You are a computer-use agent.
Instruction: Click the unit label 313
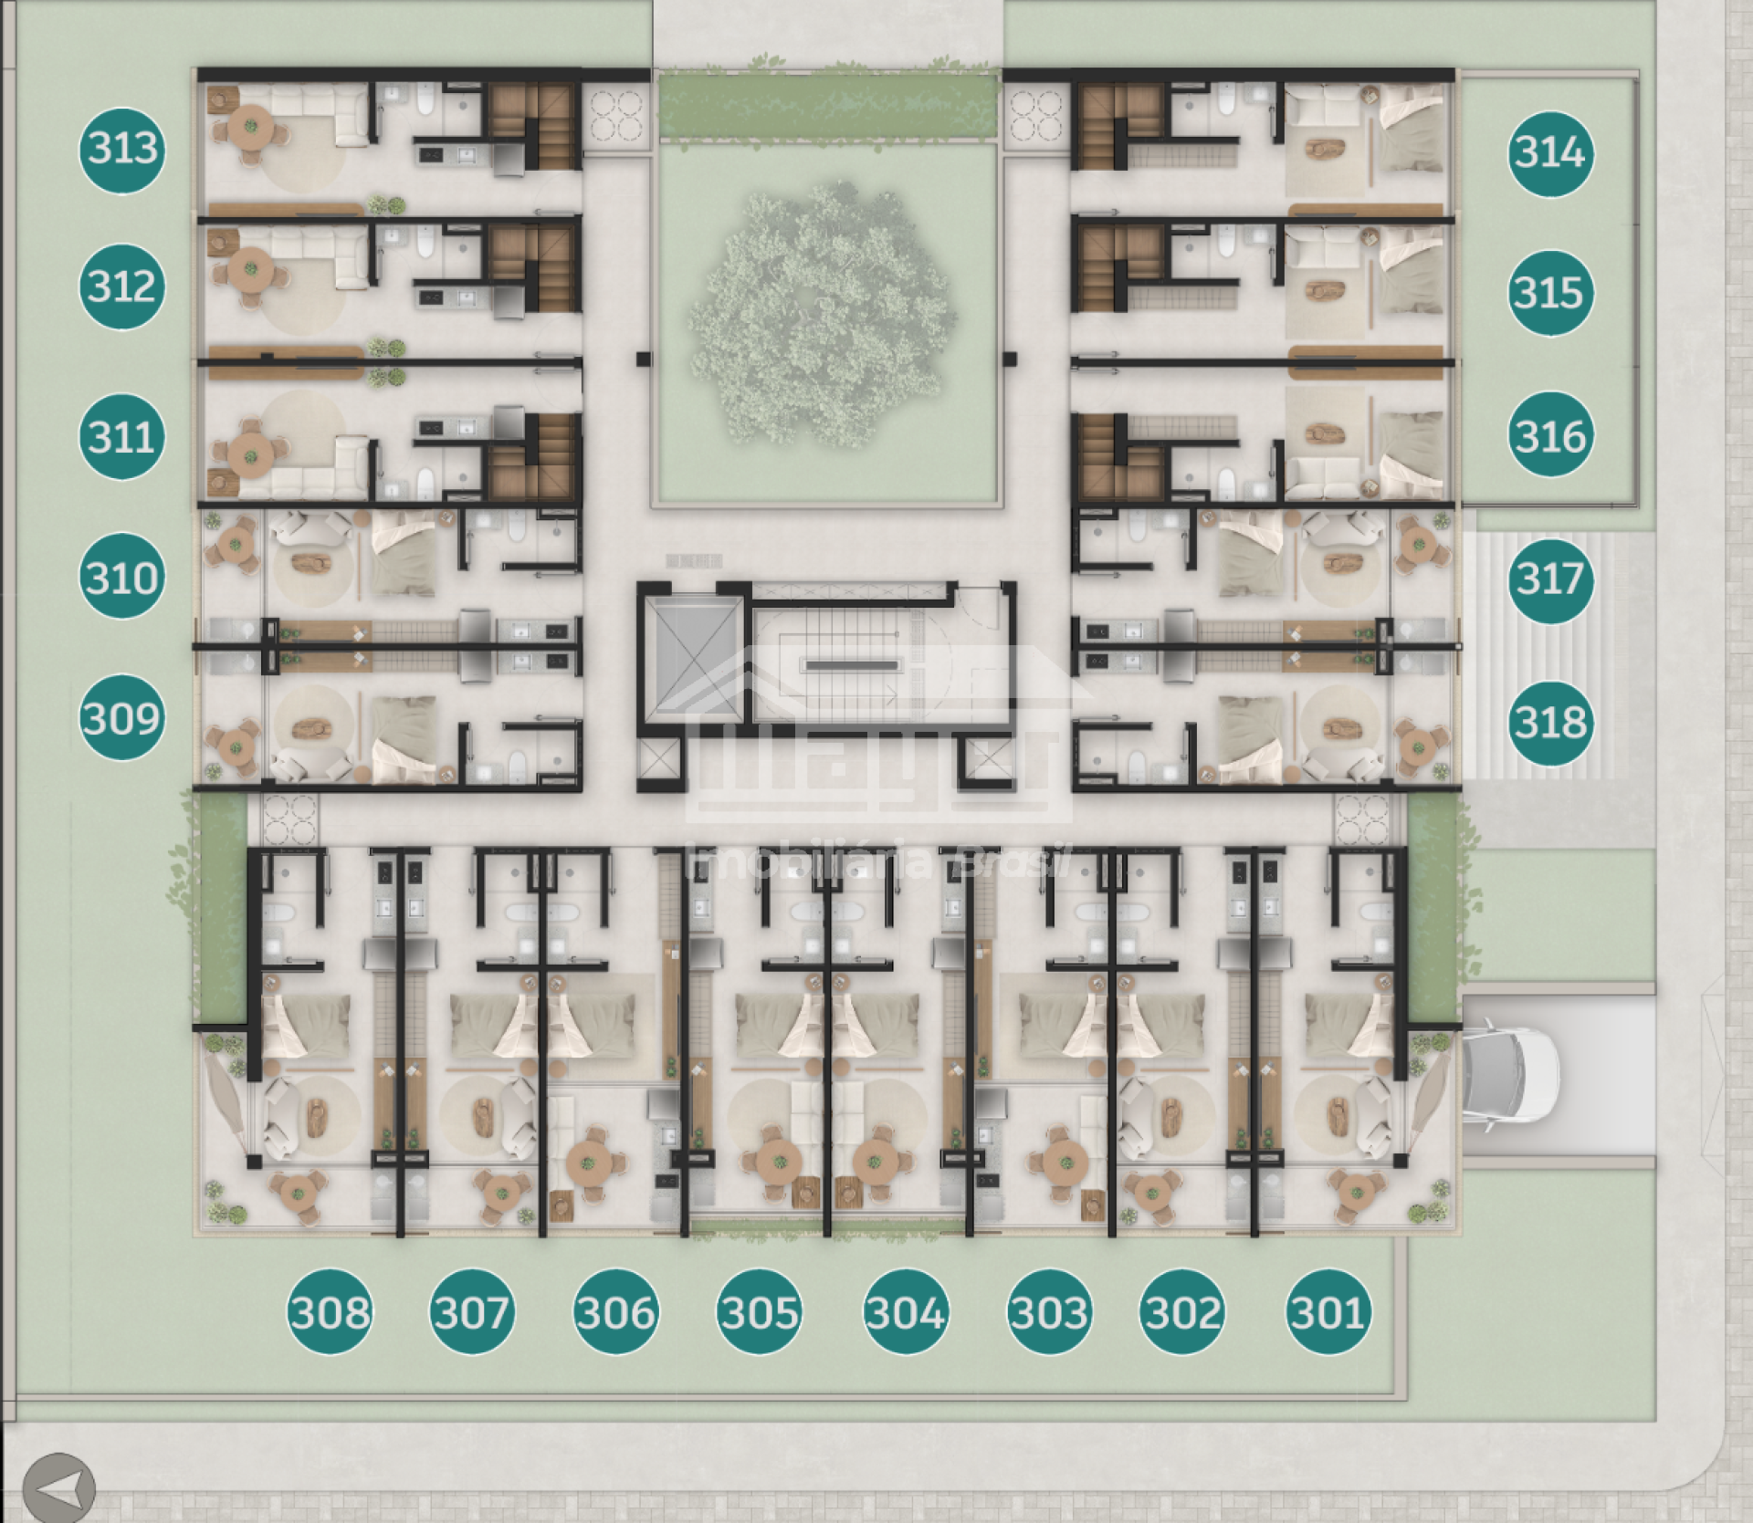point(122,148)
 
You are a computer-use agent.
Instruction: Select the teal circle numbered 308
point(330,1312)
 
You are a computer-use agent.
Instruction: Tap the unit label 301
point(1328,1312)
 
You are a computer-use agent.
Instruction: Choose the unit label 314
point(1549,152)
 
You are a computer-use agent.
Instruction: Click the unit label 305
point(760,1312)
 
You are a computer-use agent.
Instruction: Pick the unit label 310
point(122,577)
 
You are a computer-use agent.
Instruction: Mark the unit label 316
point(1549,435)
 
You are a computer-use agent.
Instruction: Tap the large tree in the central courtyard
point(823,318)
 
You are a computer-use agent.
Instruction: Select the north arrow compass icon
point(59,1487)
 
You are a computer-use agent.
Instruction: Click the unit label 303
point(1049,1312)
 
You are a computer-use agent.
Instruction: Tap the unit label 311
point(122,435)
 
